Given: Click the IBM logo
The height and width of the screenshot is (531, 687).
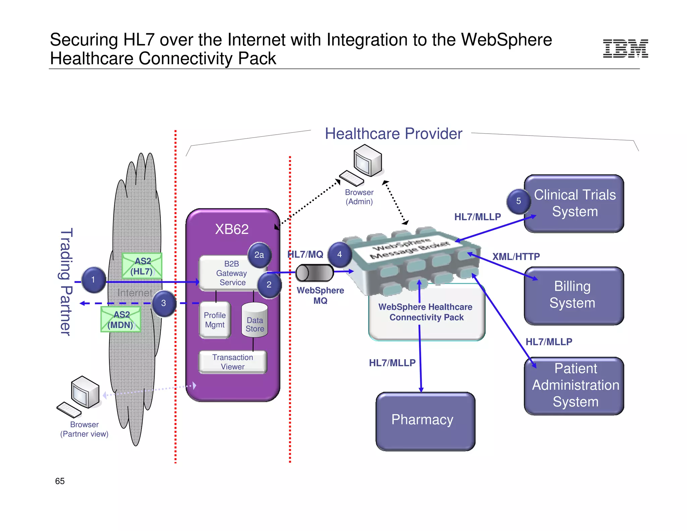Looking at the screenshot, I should point(625,49).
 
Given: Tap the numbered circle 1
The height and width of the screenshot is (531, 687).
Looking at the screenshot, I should point(93,280).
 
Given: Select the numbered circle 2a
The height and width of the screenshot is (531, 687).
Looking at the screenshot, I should point(259,255).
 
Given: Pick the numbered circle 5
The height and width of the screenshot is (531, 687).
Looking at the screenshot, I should point(518,201).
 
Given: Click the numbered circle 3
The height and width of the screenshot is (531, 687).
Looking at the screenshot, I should point(163,303).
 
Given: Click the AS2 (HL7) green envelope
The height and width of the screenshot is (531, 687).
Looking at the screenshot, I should point(142,266).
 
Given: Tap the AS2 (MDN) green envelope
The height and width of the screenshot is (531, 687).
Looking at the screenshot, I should point(121,320).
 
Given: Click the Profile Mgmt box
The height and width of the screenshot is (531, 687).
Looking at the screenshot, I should point(215,320).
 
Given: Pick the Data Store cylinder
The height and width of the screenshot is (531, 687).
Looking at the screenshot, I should point(255,321).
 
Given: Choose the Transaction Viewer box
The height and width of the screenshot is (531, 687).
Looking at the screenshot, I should point(232,362).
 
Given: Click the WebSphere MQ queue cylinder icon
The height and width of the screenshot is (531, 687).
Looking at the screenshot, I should point(314,273).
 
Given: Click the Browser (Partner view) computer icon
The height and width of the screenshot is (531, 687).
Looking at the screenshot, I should point(81,396).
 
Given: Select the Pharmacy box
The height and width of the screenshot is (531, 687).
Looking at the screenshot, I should point(425,421).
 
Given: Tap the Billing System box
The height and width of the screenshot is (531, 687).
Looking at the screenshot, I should point(574,295).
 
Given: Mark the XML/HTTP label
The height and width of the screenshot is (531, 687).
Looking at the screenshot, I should point(516,257).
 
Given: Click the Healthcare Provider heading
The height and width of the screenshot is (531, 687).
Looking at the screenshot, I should point(393,134).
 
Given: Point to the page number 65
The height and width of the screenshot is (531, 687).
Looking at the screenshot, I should point(60,481).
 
